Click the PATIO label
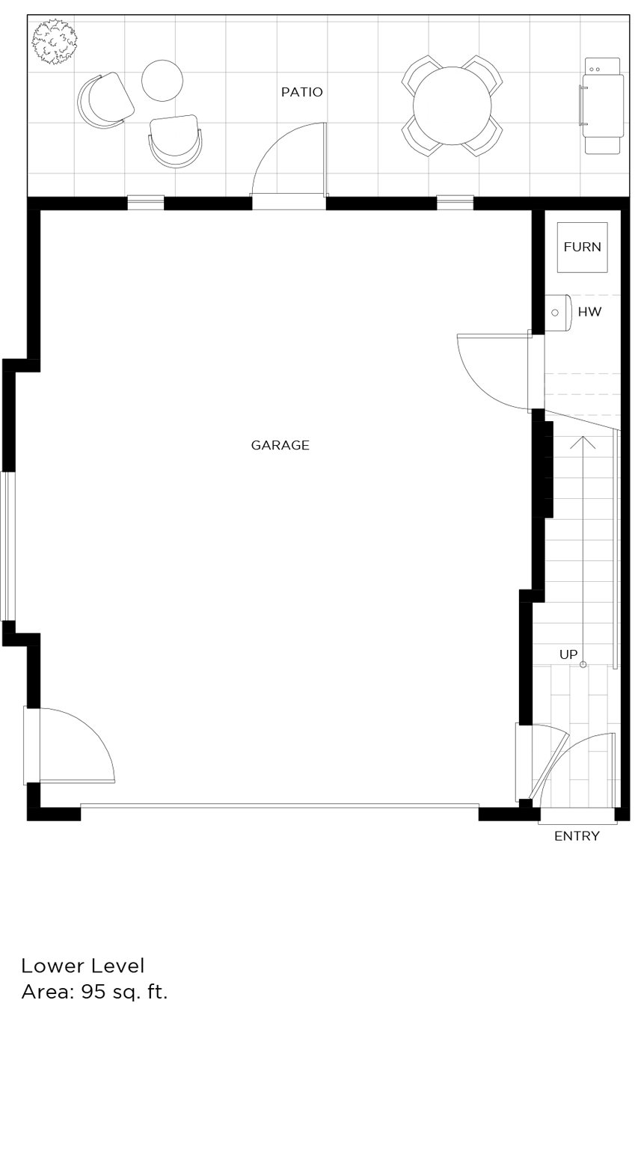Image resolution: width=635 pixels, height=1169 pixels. click(x=302, y=92)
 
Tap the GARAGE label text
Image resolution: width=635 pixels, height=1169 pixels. click(x=280, y=445)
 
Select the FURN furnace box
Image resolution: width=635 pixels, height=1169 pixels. click(x=582, y=247)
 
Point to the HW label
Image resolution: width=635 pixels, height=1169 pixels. click(x=589, y=312)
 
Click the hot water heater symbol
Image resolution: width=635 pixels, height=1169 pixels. click(x=558, y=313)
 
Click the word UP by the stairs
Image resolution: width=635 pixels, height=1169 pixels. click(x=568, y=654)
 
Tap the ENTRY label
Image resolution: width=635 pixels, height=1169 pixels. click(x=577, y=836)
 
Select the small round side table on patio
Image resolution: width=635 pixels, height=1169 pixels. click(x=162, y=80)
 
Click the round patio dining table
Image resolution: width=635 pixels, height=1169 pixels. click(x=452, y=105)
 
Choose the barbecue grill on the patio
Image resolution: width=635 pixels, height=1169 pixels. click(x=602, y=105)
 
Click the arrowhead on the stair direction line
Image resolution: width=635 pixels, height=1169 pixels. click(x=583, y=441)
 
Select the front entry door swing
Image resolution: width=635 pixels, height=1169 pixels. click(x=587, y=767)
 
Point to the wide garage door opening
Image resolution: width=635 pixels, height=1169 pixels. click(x=279, y=806)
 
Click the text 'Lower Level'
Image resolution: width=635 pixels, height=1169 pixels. click(x=82, y=966)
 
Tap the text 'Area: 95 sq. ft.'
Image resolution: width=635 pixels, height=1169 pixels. click(x=94, y=992)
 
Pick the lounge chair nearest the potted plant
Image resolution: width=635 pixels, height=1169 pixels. click(x=106, y=100)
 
